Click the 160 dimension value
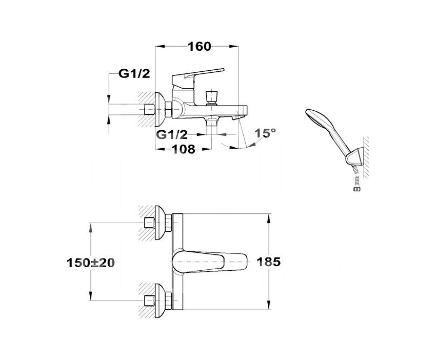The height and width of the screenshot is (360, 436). coord(200,47)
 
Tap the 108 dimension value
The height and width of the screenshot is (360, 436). coord(184,149)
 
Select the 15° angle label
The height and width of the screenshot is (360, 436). coord(266,133)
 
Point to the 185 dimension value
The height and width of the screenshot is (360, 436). coord(268,262)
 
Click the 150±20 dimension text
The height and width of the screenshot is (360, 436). coord(91,263)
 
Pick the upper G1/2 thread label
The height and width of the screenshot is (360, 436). coord(134,74)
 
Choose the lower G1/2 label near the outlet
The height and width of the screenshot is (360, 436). coord(172,135)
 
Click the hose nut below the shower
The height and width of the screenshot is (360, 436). coord(355,190)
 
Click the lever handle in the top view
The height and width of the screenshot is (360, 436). coord(209,262)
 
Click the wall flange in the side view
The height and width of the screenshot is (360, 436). coord(160,109)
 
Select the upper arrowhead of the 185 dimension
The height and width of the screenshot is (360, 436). coord(269,218)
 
